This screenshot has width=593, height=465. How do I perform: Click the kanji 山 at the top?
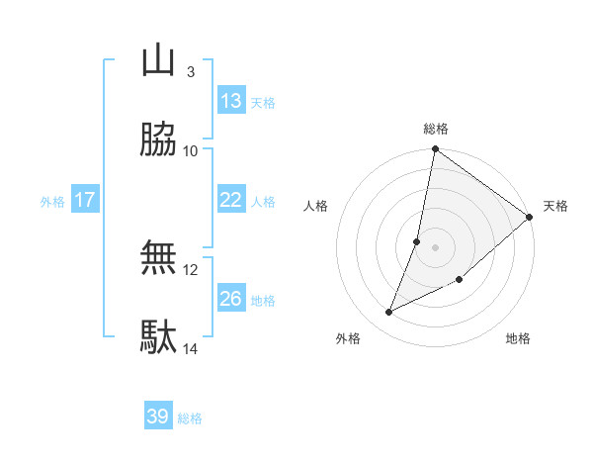158,60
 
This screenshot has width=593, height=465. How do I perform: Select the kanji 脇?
158,140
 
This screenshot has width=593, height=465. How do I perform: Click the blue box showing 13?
231,101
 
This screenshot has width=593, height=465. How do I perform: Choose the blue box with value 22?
231,200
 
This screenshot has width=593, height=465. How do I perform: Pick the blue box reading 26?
231,299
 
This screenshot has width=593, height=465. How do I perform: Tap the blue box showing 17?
85,200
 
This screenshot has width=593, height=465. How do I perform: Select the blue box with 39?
158,417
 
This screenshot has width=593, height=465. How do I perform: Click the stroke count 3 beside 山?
190,71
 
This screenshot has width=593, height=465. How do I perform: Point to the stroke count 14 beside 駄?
191,348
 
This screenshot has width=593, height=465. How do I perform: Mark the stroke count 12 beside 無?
191,269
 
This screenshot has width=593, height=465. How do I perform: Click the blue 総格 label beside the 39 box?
190,418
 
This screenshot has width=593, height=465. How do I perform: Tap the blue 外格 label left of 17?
52,201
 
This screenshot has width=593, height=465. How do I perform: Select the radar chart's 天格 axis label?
555,206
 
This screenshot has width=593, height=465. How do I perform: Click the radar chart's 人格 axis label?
316,206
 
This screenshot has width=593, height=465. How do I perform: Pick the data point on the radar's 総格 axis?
435,150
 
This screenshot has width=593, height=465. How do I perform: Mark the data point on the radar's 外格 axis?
389,313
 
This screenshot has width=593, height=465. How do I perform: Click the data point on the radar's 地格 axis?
460,279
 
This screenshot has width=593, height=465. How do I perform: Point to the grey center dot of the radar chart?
435,246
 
